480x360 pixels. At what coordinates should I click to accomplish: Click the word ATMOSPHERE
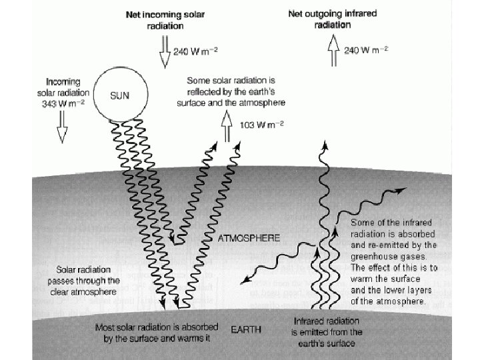click(x=250, y=237)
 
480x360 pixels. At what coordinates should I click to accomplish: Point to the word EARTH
click(x=246, y=329)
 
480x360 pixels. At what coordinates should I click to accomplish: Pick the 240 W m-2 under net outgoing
click(x=366, y=50)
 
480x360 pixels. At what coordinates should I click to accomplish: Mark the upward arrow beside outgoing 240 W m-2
click(x=332, y=51)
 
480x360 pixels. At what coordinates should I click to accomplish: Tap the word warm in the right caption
click(x=361, y=279)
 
